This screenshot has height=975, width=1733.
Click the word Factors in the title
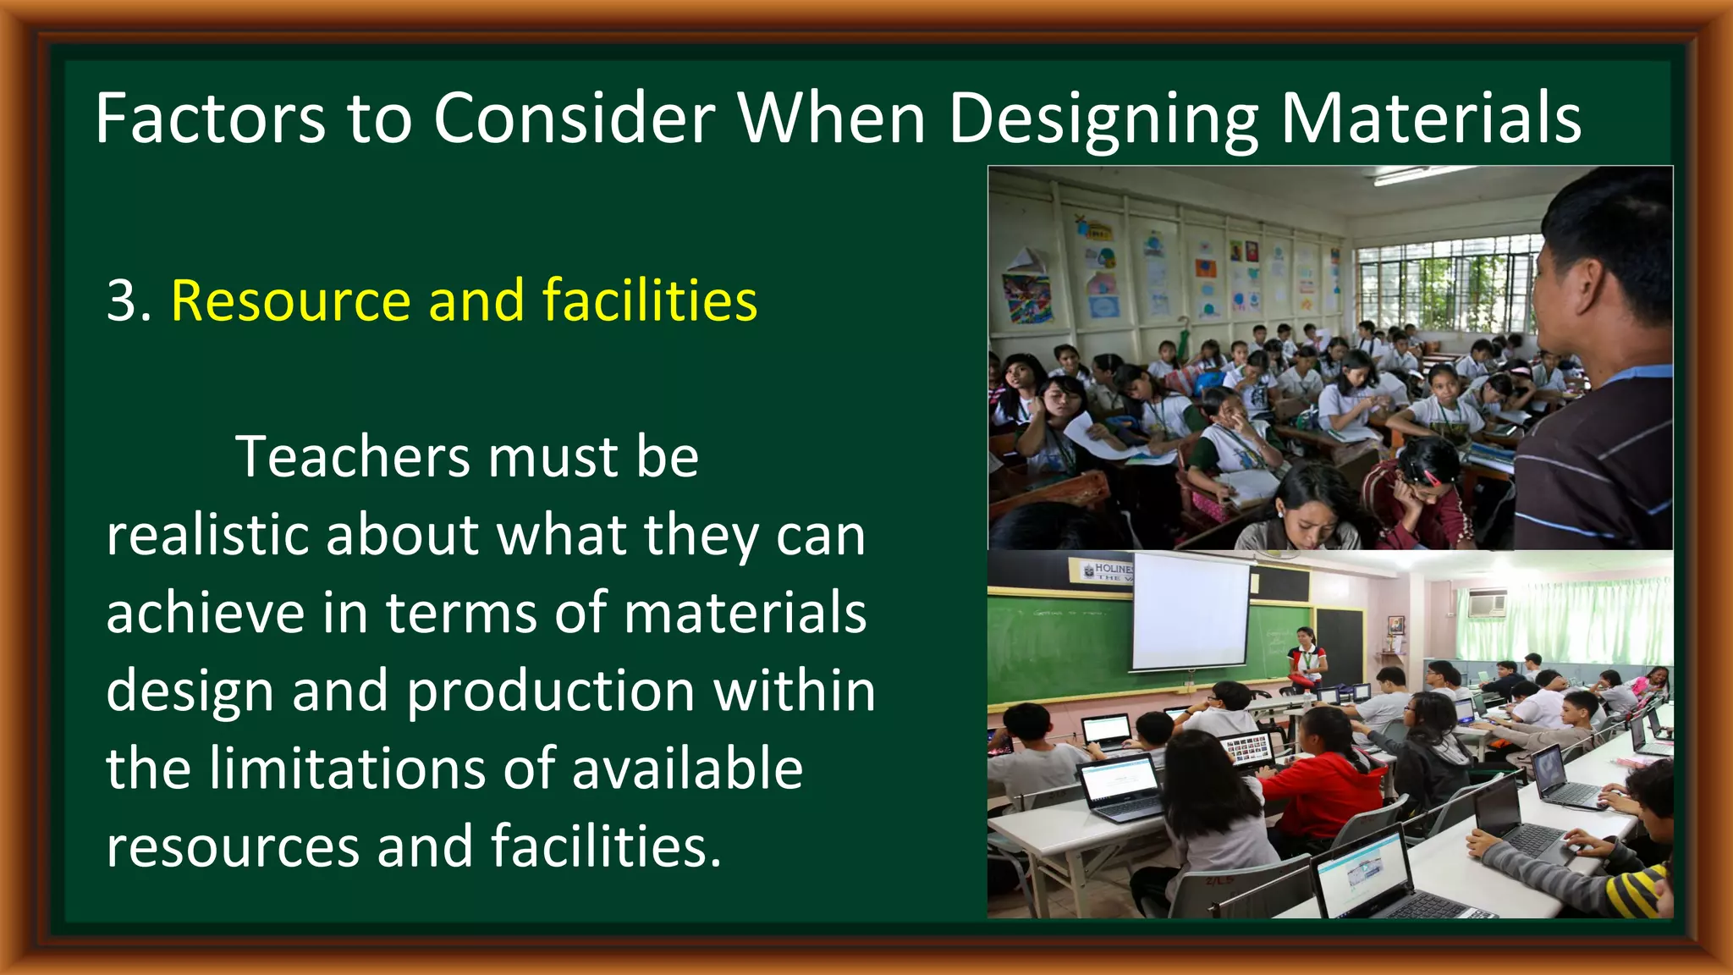point(210,118)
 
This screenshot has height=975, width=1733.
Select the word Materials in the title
point(1430,118)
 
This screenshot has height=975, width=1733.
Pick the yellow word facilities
point(649,300)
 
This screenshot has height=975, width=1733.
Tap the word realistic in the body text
point(207,535)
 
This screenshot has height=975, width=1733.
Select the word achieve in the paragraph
point(205,613)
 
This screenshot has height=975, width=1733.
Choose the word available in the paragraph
point(687,768)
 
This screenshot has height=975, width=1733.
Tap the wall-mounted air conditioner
point(1487,603)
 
